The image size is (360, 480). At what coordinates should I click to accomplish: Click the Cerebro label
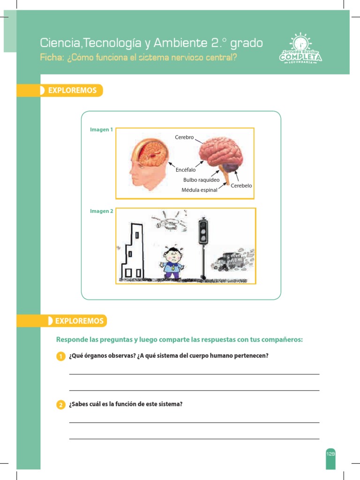[184, 137]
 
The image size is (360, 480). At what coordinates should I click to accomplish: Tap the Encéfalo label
[186, 170]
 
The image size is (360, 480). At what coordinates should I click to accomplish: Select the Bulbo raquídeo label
[201, 180]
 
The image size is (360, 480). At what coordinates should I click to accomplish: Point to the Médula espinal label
[199, 190]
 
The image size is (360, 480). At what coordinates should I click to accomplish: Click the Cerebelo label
[241, 186]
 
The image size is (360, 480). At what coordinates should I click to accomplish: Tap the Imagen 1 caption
[101, 129]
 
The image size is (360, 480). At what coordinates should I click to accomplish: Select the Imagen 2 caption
[101, 211]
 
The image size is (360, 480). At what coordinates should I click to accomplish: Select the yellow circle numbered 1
[60, 357]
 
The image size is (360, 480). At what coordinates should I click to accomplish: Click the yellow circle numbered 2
[60, 405]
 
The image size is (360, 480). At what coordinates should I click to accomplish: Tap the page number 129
[331, 454]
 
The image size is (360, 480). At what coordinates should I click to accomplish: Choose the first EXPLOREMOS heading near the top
[72, 90]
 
